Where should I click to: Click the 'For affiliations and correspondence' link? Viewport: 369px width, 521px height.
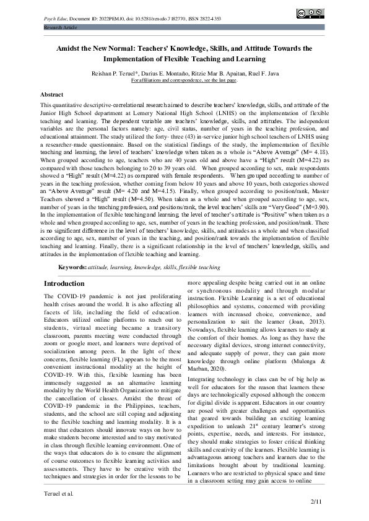[184, 80]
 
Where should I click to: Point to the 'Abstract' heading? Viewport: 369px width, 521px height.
[51, 95]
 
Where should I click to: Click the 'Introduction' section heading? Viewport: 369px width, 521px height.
[64, 283]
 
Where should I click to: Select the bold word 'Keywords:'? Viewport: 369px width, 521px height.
[72, 267]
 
